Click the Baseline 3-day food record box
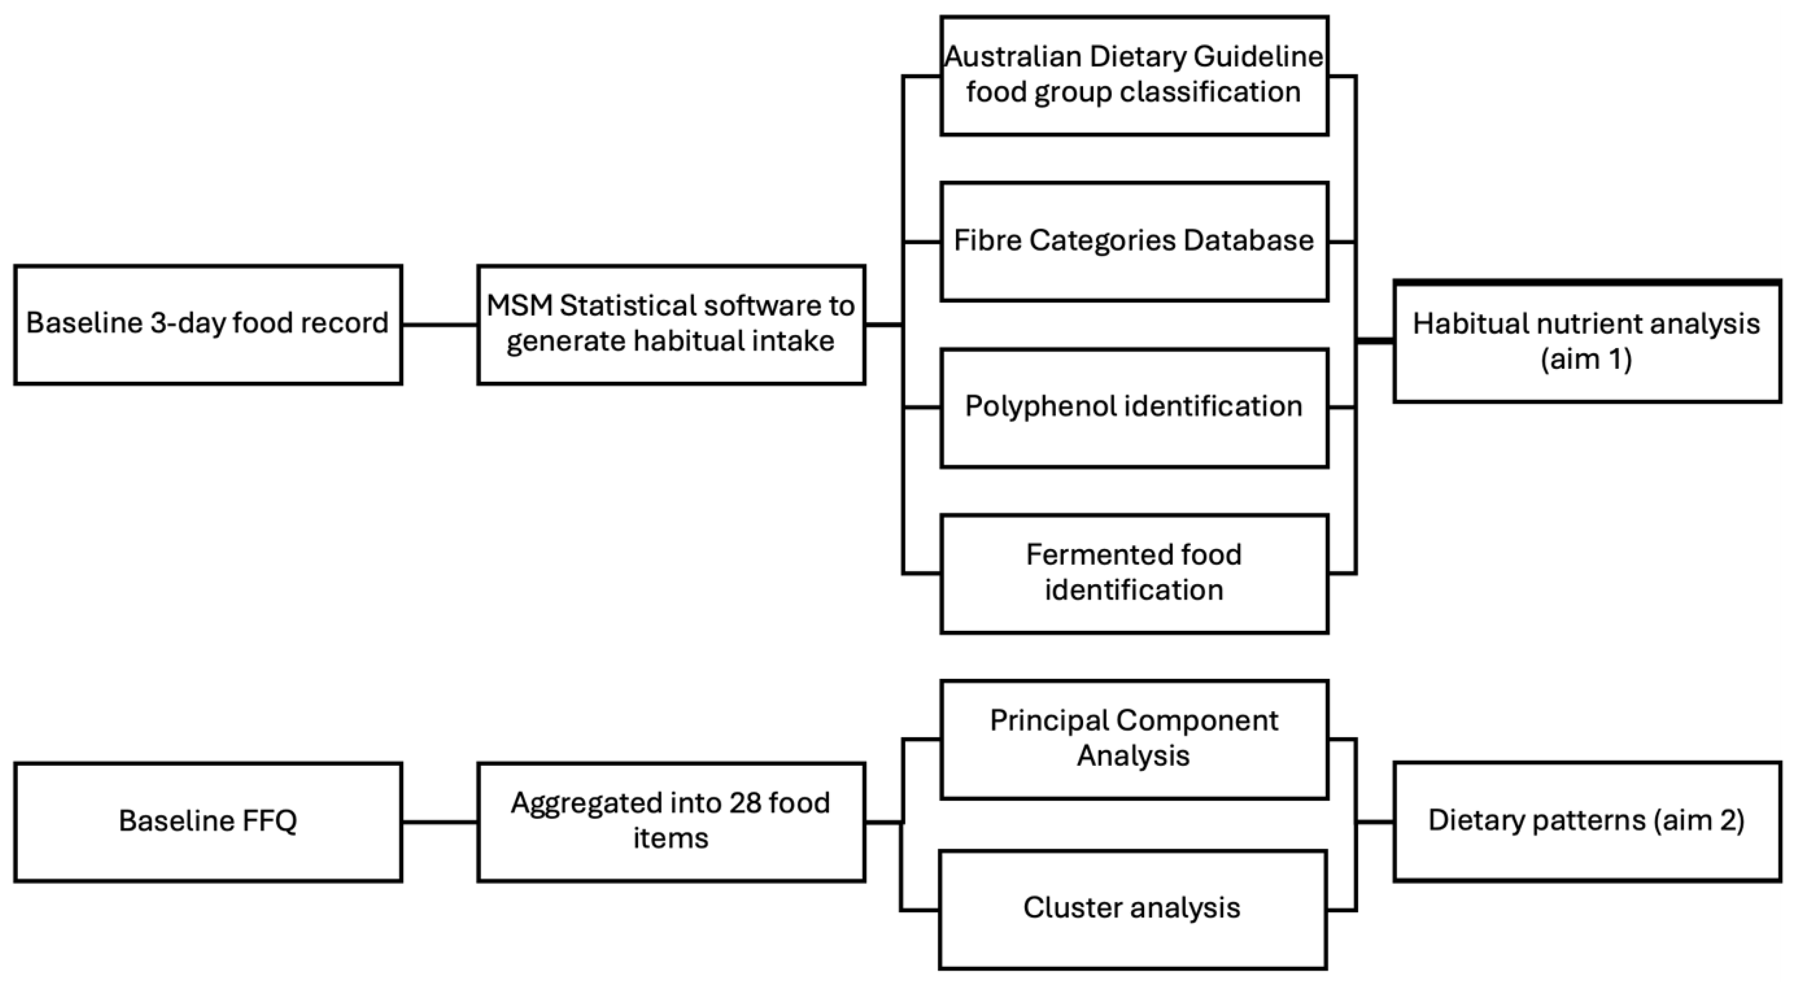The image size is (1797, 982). click(208, 324)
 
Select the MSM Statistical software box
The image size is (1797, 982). click(671, 324)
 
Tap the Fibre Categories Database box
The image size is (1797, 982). click(1133, 241)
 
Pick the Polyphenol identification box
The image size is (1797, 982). click(1133, 407)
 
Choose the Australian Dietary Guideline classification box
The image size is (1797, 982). click(1133, 75)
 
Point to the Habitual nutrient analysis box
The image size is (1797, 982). click(1587, 342)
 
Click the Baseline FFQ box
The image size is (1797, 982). click(208, 822)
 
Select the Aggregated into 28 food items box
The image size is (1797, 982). click(671, 822)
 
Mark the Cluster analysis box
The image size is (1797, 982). click(1132, 909)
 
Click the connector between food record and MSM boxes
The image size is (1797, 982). click(439, 325)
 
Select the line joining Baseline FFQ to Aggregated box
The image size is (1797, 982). click(439, 822)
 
